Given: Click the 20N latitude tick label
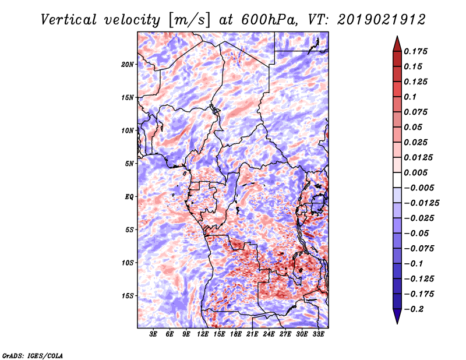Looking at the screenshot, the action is point(128,65).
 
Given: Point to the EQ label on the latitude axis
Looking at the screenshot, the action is point(129,197).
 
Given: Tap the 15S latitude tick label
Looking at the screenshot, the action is point(128,296).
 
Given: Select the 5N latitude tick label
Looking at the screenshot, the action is point(129,164).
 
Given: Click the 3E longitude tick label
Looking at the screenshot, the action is point(153,334).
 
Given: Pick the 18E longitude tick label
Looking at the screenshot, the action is point(236,334).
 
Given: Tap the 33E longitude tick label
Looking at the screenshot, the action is point(318,334).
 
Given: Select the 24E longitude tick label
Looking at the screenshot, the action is point(269,334).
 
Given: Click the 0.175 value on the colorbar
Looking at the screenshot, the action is point(415,51).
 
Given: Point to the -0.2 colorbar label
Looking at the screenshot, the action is point(414,309).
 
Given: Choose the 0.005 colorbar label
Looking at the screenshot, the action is point(415,172).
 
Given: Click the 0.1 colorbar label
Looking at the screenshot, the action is point(410,97).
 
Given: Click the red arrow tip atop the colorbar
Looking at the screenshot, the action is point(397,36).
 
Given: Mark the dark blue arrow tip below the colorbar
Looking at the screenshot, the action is point(397,323).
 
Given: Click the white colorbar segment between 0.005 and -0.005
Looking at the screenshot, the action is point(397,180).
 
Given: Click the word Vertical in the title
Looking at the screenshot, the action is point(69,20).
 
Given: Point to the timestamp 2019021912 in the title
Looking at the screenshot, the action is point(382,20).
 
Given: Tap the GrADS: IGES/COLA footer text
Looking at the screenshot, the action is point(33,355).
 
